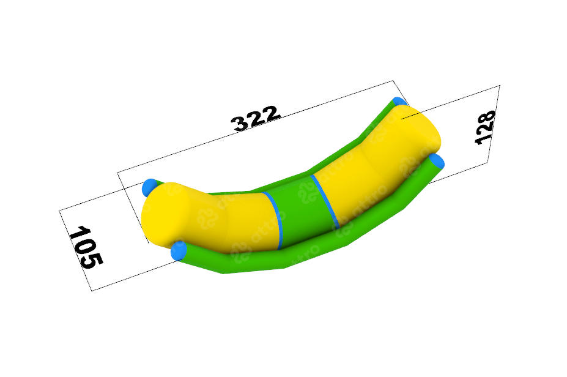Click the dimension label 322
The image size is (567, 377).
click(256, 118)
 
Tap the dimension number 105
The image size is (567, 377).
click(86, 247)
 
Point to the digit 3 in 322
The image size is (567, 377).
click(240, 124)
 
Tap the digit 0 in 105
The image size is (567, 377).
click(86, 247)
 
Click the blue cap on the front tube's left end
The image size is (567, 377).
click(178, 250)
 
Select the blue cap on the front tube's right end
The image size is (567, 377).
click(437, 162)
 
